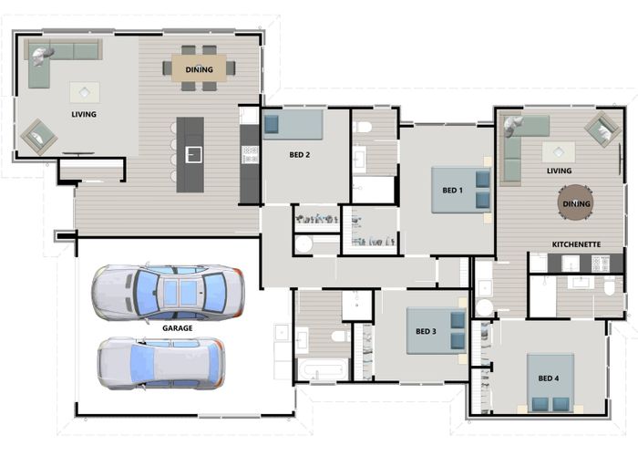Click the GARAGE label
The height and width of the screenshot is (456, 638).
click(176, 326)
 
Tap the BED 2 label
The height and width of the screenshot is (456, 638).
click(300, 155)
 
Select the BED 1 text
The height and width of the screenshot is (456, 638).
click(453, 190)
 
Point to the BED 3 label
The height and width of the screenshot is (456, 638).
click(427, 331)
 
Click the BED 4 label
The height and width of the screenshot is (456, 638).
click(548, 378)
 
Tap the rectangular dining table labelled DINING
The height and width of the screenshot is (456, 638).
click(200, 68)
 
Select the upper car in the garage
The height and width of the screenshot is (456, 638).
click(168, 292)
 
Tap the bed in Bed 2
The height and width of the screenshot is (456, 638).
click(293, 124)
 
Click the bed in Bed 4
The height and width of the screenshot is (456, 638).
click(551, 380)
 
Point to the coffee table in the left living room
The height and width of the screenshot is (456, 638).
click(86, 92)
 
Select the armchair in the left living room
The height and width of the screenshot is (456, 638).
click(38, 137)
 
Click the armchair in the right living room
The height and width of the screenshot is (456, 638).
click(602, 129)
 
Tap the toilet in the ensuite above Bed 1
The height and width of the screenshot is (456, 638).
click(363, 127)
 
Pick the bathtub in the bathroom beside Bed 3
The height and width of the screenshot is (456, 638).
click(322, 370)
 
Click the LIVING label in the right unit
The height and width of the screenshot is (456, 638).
click(559, 171)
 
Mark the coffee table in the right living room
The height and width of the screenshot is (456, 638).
click(558, 152)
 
